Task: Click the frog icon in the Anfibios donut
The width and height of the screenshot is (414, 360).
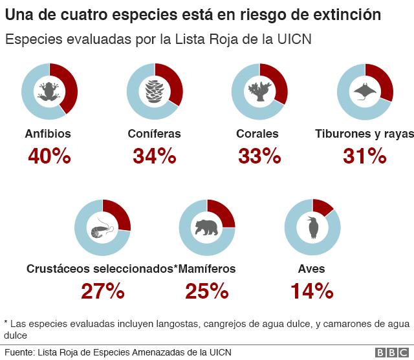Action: (49, 91)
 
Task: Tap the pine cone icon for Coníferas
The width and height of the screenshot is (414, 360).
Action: (155, 91)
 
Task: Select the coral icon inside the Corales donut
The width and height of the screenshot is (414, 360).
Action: (259, 91)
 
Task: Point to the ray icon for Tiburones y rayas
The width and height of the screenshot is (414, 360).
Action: (365, 91)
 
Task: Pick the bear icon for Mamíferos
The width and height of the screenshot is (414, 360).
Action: (207, 228)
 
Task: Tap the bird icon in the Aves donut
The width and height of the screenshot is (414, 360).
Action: (312, 227)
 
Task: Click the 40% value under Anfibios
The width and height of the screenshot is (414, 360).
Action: (49, 156)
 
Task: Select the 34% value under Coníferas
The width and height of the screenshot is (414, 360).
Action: (154, 156)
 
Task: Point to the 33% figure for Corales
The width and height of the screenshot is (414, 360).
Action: (259, 156)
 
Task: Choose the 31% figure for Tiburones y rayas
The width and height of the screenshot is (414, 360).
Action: (364, 156)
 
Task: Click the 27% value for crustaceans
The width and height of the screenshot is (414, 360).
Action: (102, 291)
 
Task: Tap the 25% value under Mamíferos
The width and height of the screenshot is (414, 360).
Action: (207, 291)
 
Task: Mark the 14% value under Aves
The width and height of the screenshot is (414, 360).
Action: (312, 291)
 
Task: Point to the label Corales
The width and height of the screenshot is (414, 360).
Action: (257, 134)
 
